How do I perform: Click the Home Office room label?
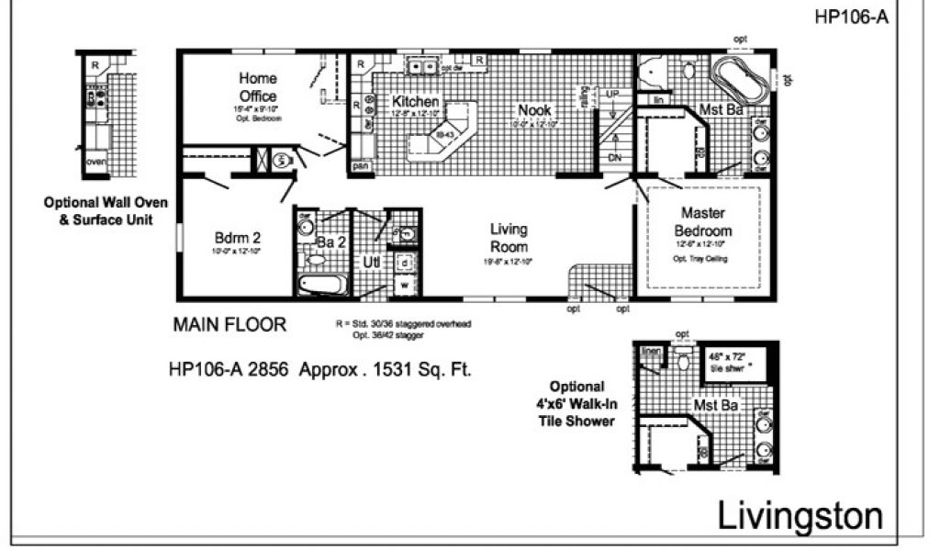[x=258, y=87]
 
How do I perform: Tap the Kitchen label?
[x=415, y=101]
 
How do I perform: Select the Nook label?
[x=534, y=110]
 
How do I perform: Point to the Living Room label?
[x=509, y=238]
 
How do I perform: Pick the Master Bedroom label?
[x=703, y=223]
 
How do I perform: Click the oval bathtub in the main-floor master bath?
[x=744, y=81]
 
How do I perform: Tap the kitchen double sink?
[x=423, y=64]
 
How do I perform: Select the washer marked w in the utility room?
[x=405, y=285]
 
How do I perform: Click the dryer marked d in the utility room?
[x=405, y=263]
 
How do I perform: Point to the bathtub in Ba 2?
[x=322, y=284]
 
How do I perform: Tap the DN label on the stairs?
[x=614, y=157]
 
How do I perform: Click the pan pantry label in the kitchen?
[x=362, y=166]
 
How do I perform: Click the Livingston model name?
[x=799, y=516]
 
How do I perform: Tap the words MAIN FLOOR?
[x=229, y=324]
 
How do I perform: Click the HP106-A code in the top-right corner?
[x=851, y=16]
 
